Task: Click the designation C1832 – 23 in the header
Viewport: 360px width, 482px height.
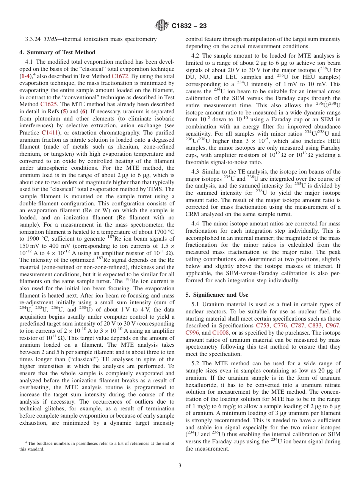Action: [x=189, y=26]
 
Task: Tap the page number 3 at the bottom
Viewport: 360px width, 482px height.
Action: [x=180, y=465]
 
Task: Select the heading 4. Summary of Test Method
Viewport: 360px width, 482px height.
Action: [x=57, y=52]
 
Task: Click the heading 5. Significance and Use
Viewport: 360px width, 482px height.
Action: [x=217, y=294]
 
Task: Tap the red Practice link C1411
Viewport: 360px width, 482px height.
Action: [x=50, y=133]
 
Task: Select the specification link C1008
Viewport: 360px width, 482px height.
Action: [x=221, y=333]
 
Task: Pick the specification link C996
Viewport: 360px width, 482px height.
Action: [x=192, y=333]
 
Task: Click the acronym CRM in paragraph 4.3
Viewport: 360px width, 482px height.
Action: [x=192, y=214]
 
